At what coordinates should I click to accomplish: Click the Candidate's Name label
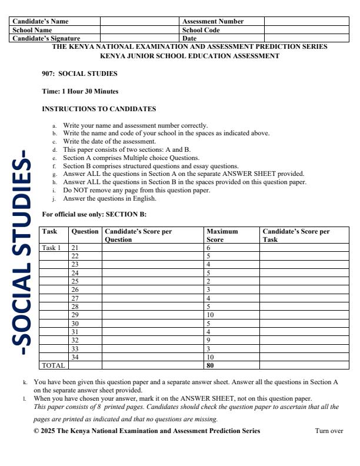(41, 21)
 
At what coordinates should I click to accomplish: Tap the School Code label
(201, 29)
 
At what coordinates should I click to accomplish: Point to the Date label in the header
(190, 38)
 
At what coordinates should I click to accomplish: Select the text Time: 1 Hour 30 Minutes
(80, 91)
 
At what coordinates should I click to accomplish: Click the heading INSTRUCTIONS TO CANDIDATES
(99, 109)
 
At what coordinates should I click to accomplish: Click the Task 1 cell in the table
(51, 248)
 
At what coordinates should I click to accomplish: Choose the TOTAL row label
(53, 365)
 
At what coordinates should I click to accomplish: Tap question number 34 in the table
(75, 357)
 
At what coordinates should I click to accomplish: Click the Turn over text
(329, 431)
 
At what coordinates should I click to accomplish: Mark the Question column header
(85, 231)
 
